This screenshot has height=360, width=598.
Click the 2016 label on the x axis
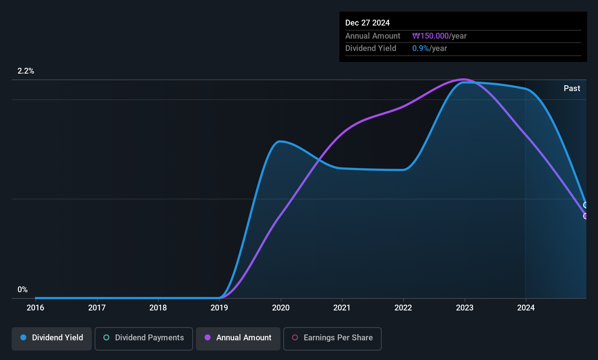click(x=35, y=308)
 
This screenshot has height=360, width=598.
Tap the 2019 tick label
click(x=219, y=308)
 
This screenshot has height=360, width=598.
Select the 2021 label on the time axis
click(x=342, y=308)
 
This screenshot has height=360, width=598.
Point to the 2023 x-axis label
click(x=464, y=308)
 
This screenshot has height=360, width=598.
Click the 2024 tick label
click(x=526, y=308)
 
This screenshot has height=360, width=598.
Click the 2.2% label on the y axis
click(x=25, y=71)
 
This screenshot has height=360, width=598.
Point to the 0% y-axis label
click(x=23, y=290)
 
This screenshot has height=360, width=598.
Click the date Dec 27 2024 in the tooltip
click(x=367, y=23)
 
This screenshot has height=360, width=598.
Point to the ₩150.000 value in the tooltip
click(x=430, y=36)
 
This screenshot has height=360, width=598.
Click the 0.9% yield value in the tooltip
click(x=421, y=48)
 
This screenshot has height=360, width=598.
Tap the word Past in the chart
click(x=572, y=89)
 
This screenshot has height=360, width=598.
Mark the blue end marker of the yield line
click(x=586, y=205)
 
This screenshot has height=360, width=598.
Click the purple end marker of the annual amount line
click(x=586, y=216)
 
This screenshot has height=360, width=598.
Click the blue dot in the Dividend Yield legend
click(x=23, y=337)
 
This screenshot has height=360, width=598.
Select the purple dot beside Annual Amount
click(x=208, y=337)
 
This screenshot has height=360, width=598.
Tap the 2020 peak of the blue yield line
click(x=279, y=141)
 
